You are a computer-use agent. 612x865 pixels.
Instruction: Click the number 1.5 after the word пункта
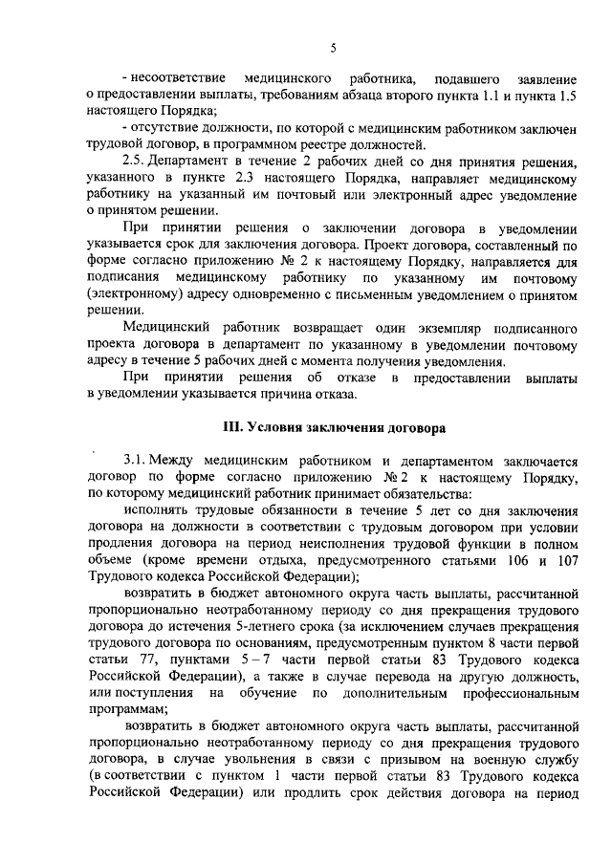click(565, 94)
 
